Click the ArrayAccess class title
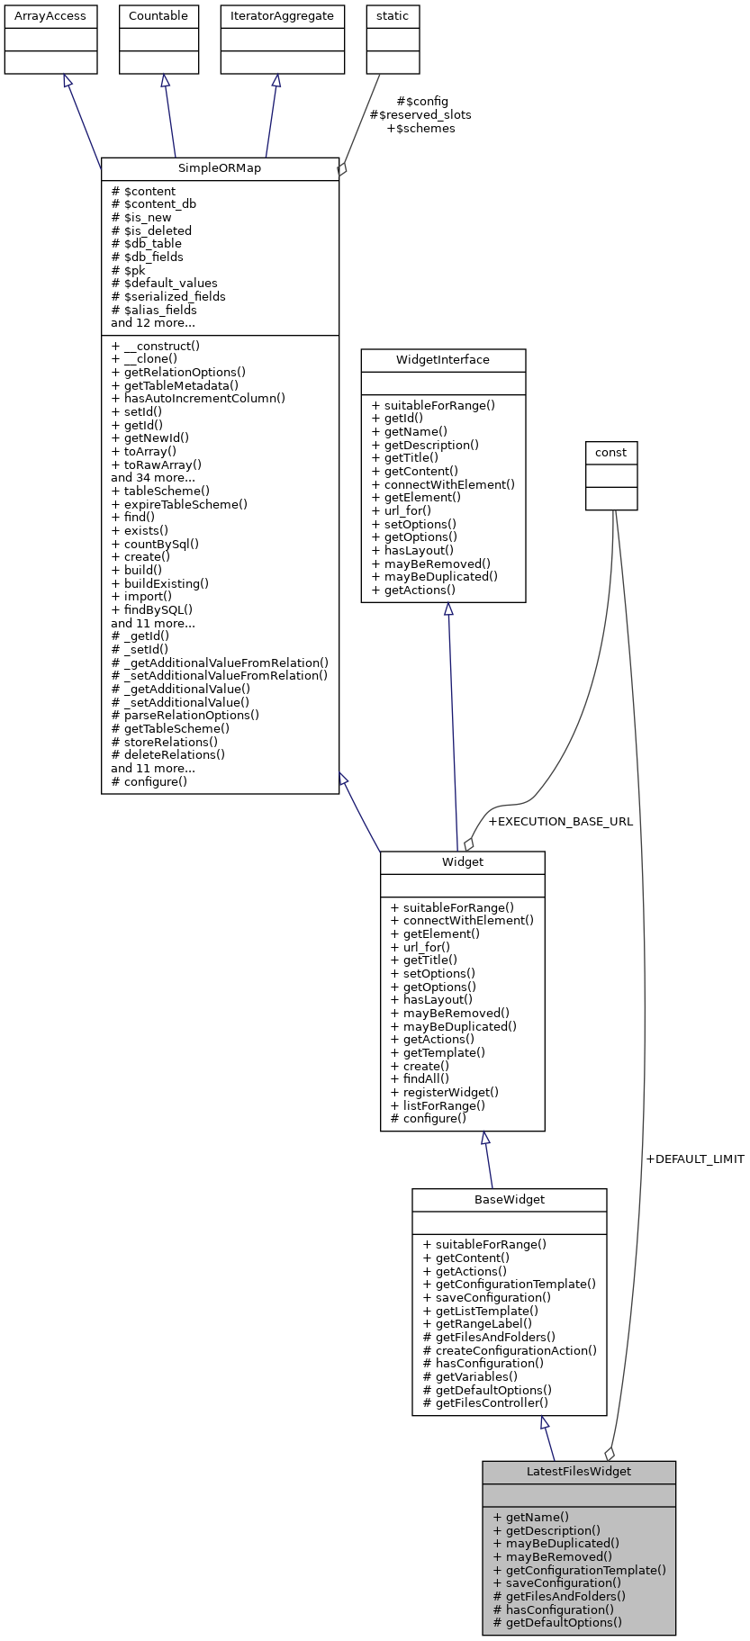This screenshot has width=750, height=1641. pyautogui.click(x=50, y=16)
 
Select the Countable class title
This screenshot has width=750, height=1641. pyautogui.click(x=158, y=16)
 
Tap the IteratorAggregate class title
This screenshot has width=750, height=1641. pyautogui.click(x=283, y=16)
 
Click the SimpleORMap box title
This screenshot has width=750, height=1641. pyautogui.click(x=220, y=168)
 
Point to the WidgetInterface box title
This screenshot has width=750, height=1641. pyautogui.click(x=443, y=360)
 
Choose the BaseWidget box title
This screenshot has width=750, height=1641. pyautogui.click(x=510, y=1200)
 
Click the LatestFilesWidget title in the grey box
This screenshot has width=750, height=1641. pyautogui.click(x=579, y=1472)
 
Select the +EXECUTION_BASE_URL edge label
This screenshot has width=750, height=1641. pyautogui.click(x=560, y=822)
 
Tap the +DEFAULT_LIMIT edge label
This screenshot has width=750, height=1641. pyautogui.click(x=694, y=1159)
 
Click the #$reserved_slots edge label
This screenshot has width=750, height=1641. pyautogui.click(x=420, y=115)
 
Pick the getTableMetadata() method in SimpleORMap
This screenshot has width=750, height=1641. pyautogui.click(x=175, y=385)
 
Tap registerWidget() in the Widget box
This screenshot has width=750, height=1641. pyautogui.click(x=445, y=1093)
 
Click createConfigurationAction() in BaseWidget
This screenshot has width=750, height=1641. pyautogui.click(x=510, y=1350)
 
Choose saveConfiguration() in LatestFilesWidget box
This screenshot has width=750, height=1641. pyautogui.click(x=557, y=1582)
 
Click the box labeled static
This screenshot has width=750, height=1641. pyautogui.click(x=393, y=16)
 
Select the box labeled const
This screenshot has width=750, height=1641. pyautogui.click(x=611, y=453)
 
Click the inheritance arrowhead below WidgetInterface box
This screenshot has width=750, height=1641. pyautogui.click(x=448, y=609)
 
